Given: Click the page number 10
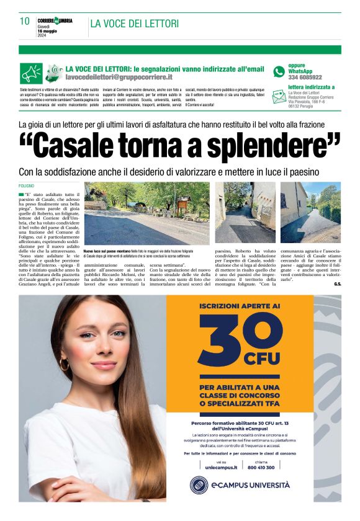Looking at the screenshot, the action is [x=24, y=22].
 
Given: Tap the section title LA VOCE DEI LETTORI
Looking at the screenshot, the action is [x=134, y=24].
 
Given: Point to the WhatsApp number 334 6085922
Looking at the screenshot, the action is [x=305, y=78].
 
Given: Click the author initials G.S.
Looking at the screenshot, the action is [x=337, y=284].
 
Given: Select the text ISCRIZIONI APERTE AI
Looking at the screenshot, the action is [x=240, y=306].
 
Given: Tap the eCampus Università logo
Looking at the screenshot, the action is [x=240, y=484].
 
